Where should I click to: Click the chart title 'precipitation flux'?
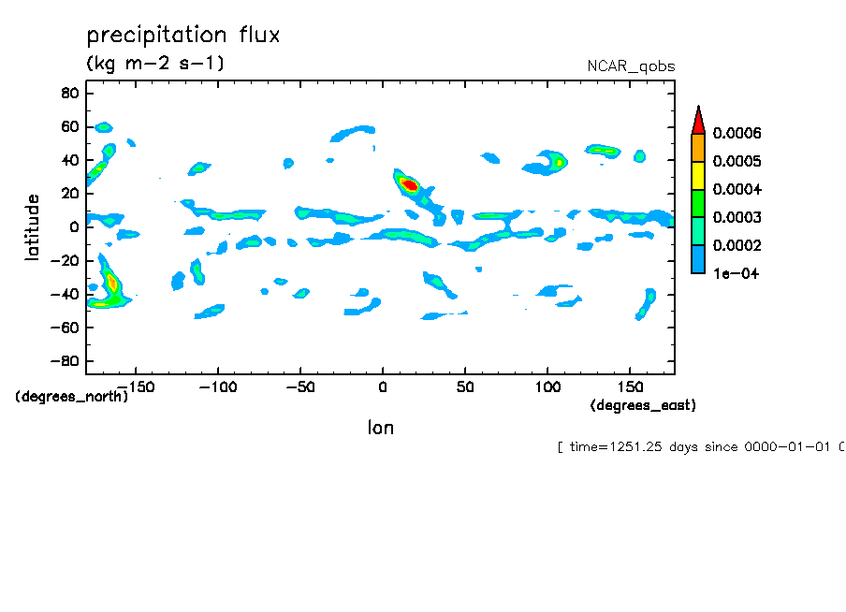183,36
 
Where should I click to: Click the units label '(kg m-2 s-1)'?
155,64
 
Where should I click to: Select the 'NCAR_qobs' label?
630,66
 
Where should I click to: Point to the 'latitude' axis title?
34,227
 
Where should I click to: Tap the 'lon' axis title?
380,428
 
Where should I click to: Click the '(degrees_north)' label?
72,396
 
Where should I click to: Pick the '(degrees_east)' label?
643,405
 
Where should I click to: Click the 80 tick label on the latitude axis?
68,93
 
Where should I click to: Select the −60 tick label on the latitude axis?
65,328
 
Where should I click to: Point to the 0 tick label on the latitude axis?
73,227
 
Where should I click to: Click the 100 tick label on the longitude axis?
547,386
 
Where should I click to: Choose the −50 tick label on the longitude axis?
299,386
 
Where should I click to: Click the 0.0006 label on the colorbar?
737,134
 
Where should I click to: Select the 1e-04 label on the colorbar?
735,274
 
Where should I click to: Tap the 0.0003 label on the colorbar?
737,218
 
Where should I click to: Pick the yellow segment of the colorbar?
697,176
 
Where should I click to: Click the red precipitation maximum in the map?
409,185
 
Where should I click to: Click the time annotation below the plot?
700,447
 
